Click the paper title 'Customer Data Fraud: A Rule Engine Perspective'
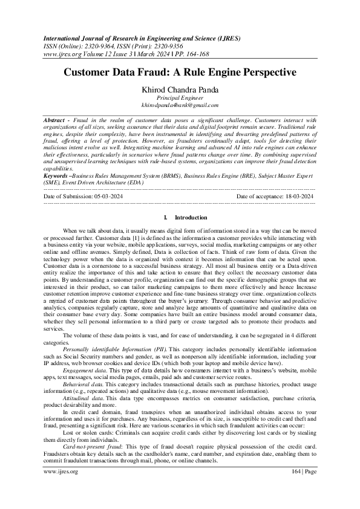180,72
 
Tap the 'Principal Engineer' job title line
179,97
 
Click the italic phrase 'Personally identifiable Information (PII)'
114,350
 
